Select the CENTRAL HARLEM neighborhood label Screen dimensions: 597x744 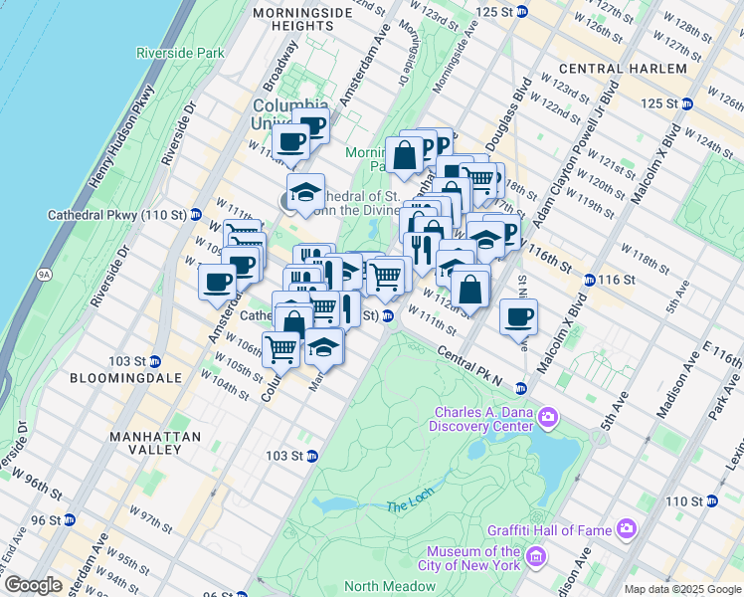(x=623, y=69)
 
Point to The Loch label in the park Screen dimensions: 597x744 (x=406, y=506)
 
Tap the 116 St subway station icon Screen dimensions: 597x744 (x=590, y=281)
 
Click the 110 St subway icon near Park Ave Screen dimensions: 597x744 (x=710, y=500)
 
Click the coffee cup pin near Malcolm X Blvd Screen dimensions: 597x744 (x=518, y=317)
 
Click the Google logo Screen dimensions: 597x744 (x=33, y=585)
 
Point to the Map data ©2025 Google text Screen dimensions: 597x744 (x=682, y=589)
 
